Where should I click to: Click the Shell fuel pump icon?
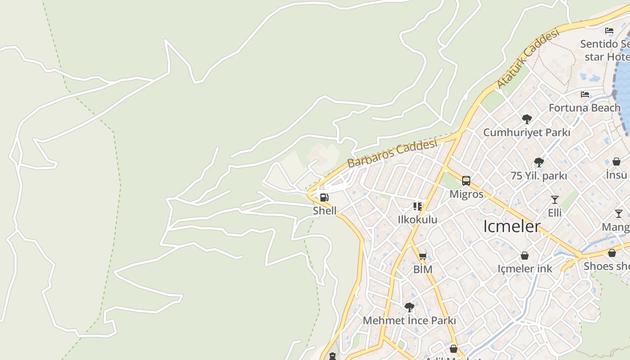click(324, 197)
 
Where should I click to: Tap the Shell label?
click(324, 211)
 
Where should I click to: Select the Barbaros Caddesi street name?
click(392, 153)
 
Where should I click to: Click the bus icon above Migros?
click(466, 181)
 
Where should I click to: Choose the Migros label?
click(467, 194)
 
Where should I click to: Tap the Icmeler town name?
click(512, 226)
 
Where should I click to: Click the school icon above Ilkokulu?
click(418, 207)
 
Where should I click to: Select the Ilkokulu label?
click(418, 220)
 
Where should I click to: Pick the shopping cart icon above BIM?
click(423, 256)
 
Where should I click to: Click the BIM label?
click(423, 270)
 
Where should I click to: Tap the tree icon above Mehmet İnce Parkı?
click(409, 307)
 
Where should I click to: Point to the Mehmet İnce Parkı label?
click(409, 321)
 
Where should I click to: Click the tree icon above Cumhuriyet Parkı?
click(526, 119)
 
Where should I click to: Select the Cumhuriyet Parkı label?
click(526, 133)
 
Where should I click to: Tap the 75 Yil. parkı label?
click(539, 176)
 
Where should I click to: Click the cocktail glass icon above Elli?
click(554, 199)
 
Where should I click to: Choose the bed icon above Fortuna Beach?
click(585, 94)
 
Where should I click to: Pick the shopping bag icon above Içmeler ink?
click(525, 256)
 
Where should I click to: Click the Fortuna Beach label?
click(585, 108)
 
